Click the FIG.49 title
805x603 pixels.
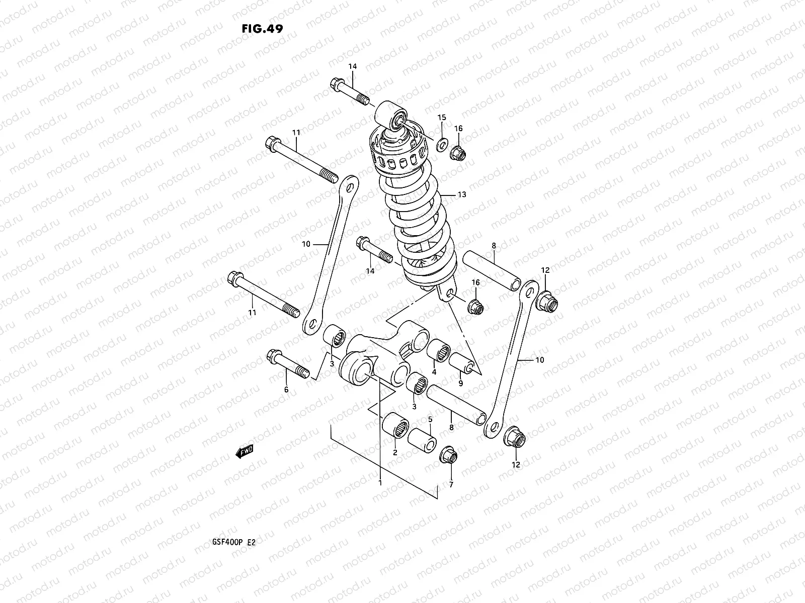coord(262,29)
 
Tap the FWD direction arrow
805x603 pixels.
coord(245,452)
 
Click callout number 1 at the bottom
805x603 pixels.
coord(380,483)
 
